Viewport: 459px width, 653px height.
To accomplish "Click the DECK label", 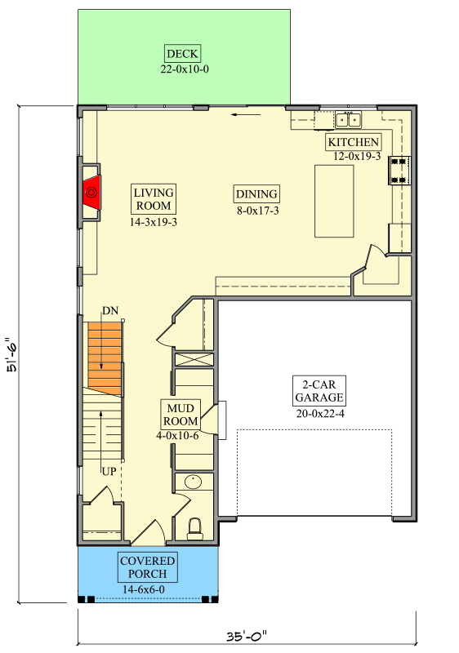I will (183, 54).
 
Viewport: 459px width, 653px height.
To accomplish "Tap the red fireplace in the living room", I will (91, 193).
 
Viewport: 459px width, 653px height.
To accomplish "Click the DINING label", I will (256, 194).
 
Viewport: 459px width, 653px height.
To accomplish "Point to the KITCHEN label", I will (354, 142).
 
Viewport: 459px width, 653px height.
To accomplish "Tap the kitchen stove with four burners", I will (399, 169).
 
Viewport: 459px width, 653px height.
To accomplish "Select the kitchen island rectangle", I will (334, 201).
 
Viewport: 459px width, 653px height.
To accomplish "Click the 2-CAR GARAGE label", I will (319, 391).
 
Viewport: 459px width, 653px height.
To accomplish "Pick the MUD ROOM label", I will (181, 415).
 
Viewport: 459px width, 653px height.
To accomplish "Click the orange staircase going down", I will (104, 353).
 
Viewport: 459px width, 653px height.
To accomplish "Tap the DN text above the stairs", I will (111, 311).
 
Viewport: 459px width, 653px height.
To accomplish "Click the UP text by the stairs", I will (109, 471).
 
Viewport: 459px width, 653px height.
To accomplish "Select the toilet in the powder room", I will (194, 528).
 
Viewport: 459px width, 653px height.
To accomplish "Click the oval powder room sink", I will (194, 482).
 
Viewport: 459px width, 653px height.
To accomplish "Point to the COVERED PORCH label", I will (148, 567).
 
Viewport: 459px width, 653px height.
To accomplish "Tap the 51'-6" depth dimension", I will (11, 355).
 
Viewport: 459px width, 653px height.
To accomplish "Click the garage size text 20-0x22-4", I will (319, 414).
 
